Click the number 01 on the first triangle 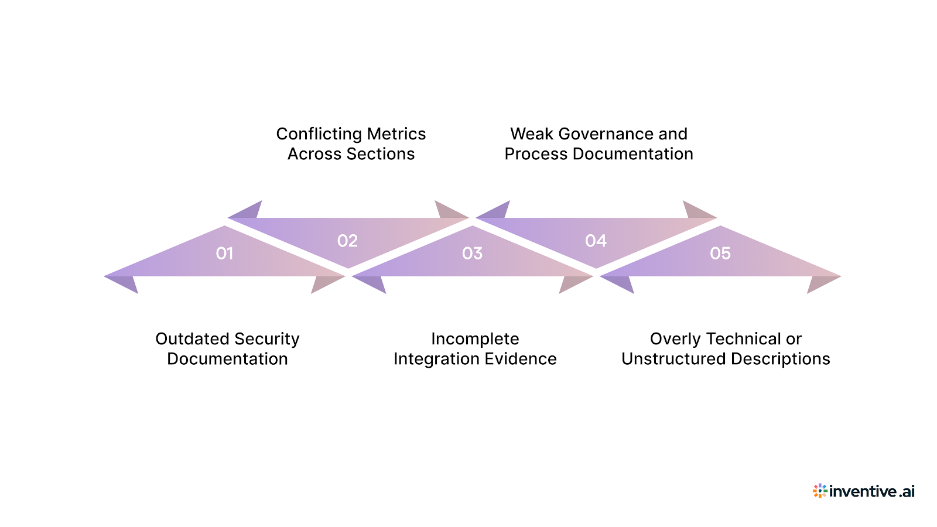click(x=224, y=254)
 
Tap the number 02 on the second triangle click(x=347, y=241)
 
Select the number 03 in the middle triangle click(x=472, y=254)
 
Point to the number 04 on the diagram click(x=596, y=241)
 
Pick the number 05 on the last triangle click(x=720, y=254)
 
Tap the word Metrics click(x=396, y=134)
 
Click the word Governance click(x=606, y=134)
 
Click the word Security click(x=266, y=339)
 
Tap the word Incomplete click(x=475, y=339)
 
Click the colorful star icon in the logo click(x=820, y=491)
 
